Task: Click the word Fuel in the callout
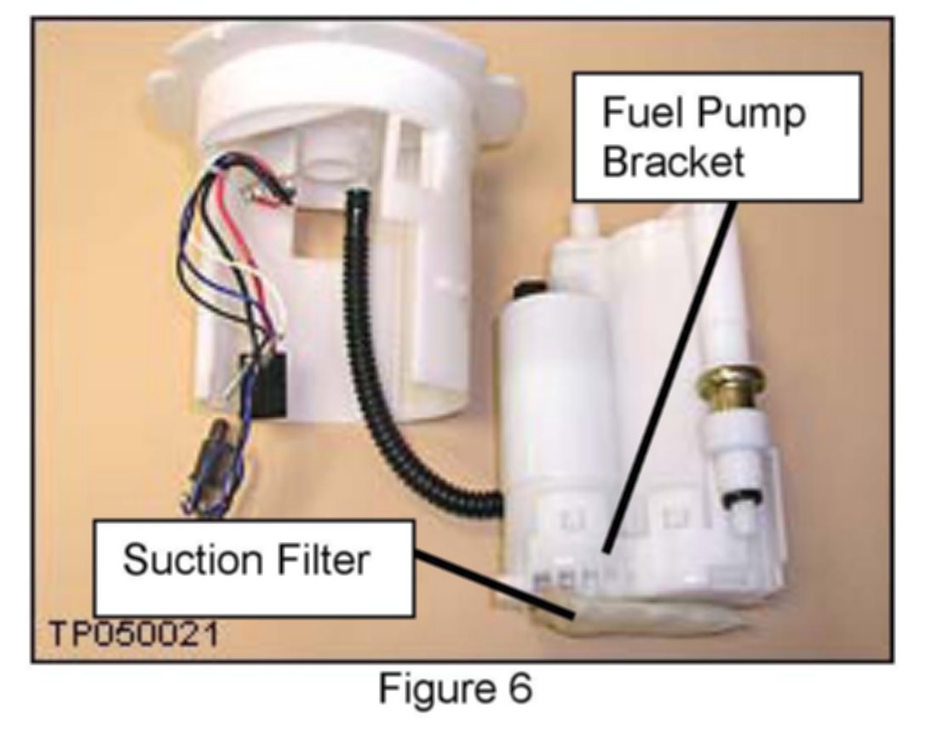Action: tap(639, 113)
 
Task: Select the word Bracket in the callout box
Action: tap(673, 160)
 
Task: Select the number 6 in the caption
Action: tap(520, 688)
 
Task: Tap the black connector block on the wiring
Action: tap(269, 388)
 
